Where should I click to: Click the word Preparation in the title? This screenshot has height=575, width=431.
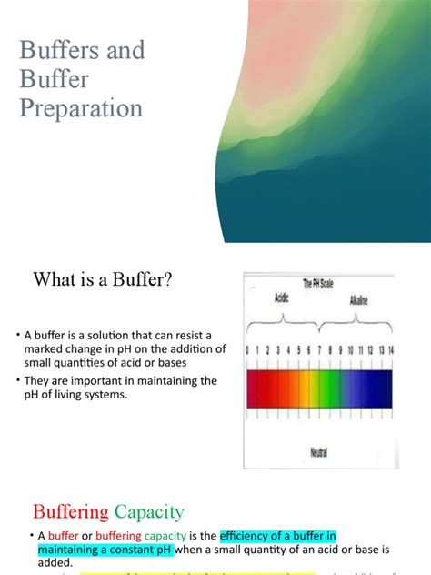pos(81,109)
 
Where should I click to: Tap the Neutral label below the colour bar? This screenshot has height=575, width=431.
pos(318,449)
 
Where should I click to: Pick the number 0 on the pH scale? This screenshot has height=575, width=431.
pos(248,350)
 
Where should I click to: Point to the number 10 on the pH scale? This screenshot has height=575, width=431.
pos(349,350)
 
